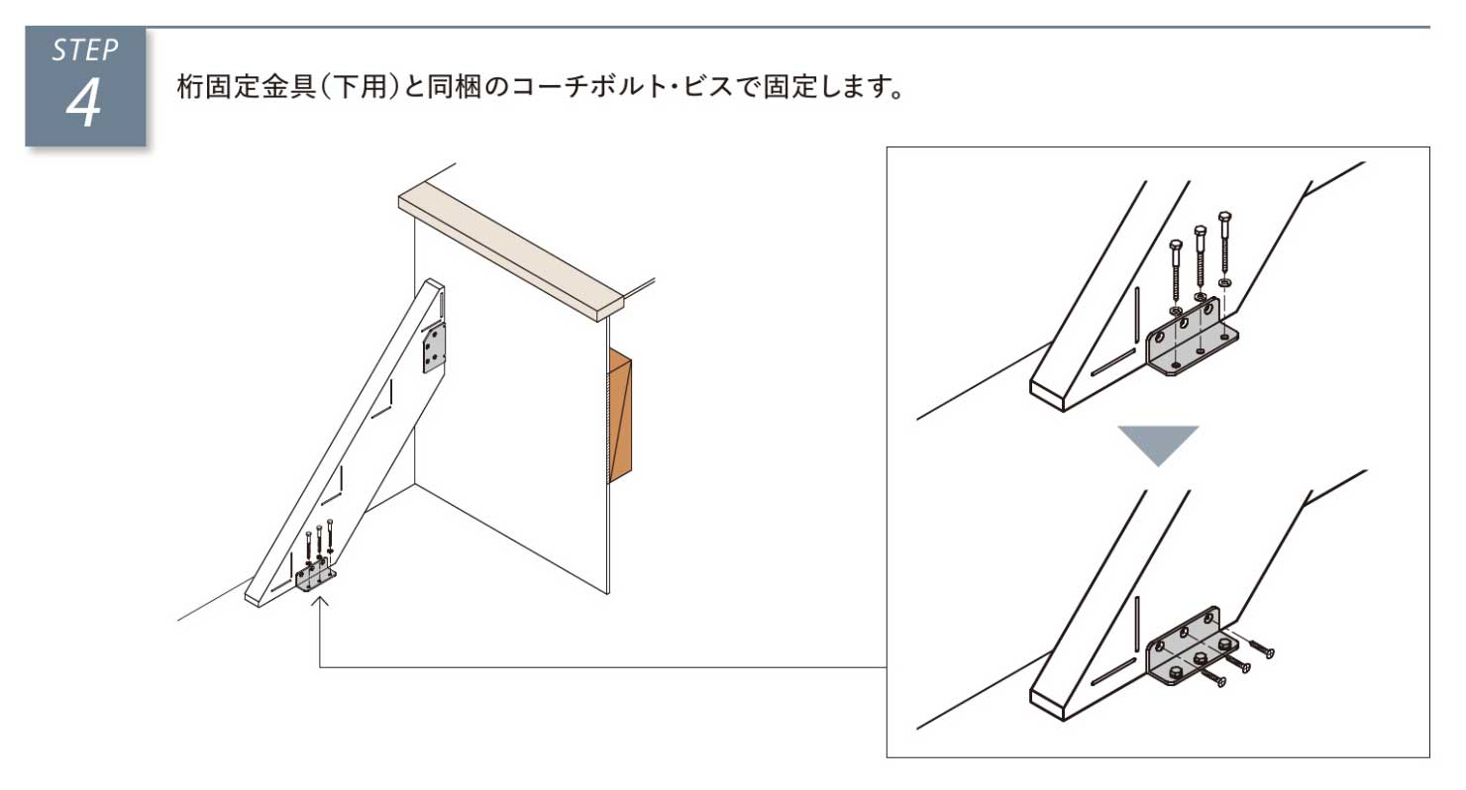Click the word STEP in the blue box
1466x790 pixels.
point(85,50)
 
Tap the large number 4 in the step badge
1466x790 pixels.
point(84,103)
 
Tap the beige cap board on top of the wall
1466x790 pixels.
point(510,251)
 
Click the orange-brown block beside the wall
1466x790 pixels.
point(620,415)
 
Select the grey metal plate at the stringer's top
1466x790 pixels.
point(435,347)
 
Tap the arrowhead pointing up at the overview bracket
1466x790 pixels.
point(320,600)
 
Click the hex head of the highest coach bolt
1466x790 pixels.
point(1224,217)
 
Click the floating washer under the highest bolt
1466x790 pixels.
point(1224,283)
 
